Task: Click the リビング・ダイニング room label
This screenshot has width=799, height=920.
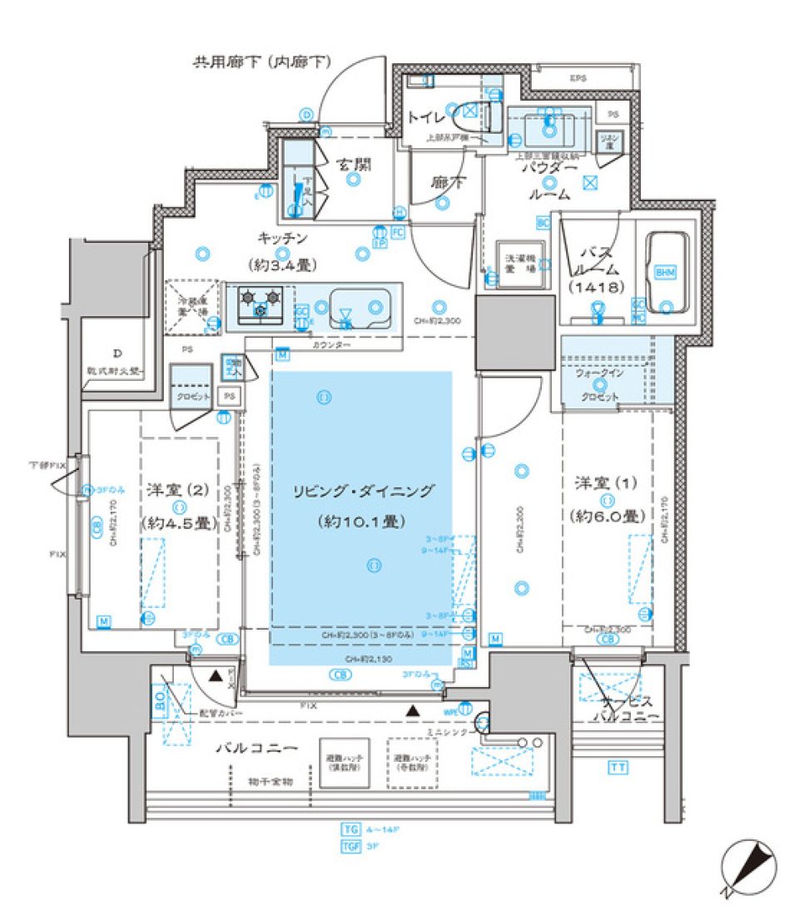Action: [x=362, y=492]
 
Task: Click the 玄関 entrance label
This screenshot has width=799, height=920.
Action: [x=354, y=165]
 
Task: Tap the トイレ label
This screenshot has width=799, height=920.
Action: [x=425, y=118]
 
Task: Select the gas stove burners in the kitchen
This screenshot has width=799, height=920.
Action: [x=260, y=302]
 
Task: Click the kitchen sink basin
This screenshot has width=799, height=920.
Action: [x=360, y=306]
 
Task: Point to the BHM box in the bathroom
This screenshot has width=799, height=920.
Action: [x=665, y=272]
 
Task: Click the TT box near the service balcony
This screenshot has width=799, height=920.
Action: [x=617, y=767]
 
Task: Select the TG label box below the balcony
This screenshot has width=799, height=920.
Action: [x=351, y=829]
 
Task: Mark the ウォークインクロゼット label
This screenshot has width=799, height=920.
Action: [x=598, y=385]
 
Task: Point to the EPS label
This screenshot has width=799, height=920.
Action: [x=577, y=78]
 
